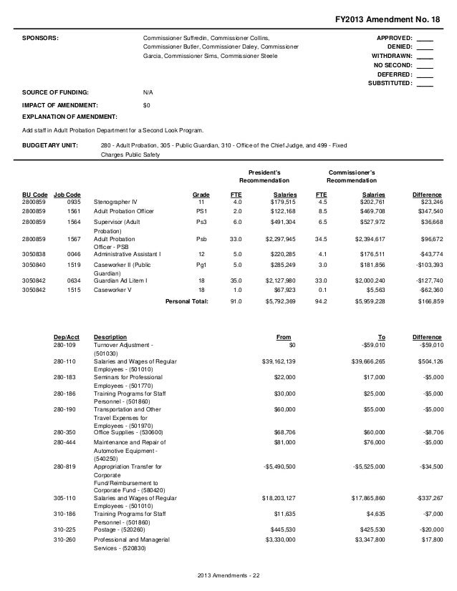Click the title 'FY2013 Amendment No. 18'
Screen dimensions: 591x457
click(x=389, y=18)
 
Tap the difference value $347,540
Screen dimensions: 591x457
click(x=427, y=213)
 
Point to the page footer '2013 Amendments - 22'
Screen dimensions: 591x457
click(x=228, y=577)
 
